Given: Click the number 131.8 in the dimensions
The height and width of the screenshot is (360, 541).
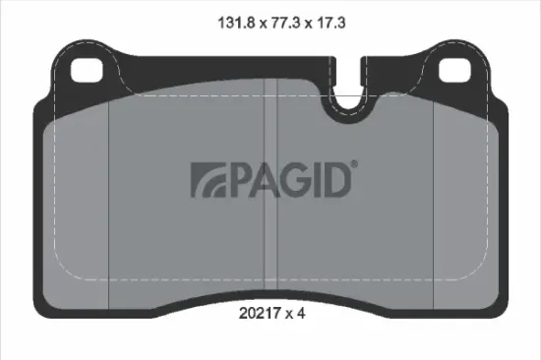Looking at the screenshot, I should point(225,19).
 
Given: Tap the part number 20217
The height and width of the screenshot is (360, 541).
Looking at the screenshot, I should point(260,316).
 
